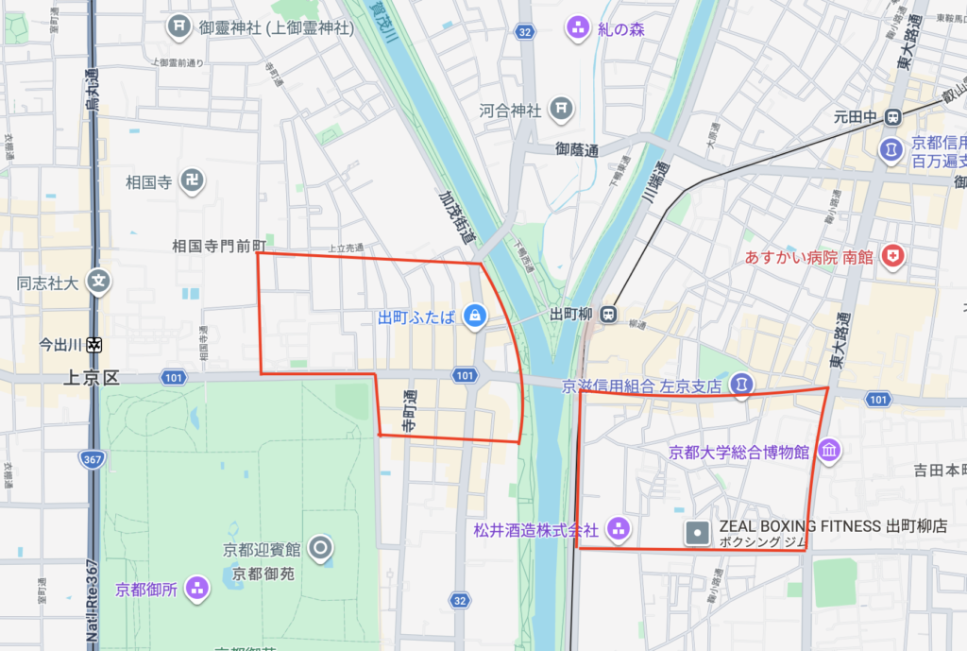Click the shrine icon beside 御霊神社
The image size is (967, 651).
pos(179,27)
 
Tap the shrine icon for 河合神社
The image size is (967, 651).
pos(562,110)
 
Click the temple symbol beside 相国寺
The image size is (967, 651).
pos(193,180)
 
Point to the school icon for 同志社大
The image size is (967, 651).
pos(99,282)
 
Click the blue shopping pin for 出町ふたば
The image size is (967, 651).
pos(475,317)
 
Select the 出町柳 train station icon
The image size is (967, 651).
pos(610,315)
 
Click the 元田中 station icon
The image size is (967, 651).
pos(891,118)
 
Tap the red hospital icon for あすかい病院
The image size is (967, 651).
pos(891,256)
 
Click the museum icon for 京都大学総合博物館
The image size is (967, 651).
pos(828,452)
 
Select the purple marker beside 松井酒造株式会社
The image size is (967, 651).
pos(618,529)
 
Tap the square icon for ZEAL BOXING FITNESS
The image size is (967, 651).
pos(697,533)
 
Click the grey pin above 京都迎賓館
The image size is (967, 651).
pos(321,547)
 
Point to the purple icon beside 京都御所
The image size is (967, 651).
pos(196,589)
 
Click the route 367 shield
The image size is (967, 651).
pos(92,458)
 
